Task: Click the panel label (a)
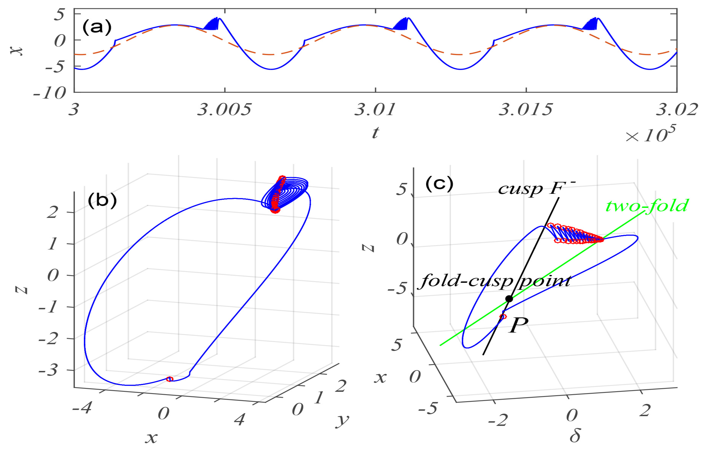click(x=97, y=27)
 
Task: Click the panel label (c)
click(x=439, y=184)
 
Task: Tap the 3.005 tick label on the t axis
click(x=224, y=110)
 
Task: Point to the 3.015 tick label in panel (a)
click(x=525, y=110)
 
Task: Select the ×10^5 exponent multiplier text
click(x=650, y=134)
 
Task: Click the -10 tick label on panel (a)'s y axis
click(x=50, y=93)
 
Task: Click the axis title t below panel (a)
click(x=375, y=133)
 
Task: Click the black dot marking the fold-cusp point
click(x=509, y=299)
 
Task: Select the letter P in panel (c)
click(x=519, y=325)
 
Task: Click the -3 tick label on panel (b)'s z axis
click(x=48, y=370)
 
